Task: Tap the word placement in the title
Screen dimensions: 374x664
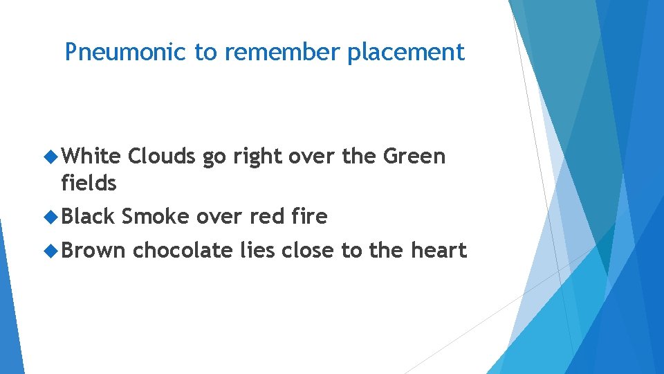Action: click(406, 53)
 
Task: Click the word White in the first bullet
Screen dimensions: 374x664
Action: click(91, 157)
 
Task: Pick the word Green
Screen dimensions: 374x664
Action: click(414, 157)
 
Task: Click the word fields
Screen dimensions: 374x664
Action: click(89, 184)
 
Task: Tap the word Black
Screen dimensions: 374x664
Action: click(88, 217)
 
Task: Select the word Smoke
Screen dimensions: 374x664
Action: click(155, 217)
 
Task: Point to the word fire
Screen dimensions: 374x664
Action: click(310, 217)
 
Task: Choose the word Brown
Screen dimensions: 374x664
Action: click(93, 250)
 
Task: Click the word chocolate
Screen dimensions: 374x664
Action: click(183, 250)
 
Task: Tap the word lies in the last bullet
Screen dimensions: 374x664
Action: click(257, 250)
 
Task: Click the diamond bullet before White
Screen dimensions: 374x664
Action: click(50, 157)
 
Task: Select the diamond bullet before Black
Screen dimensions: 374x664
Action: click(50, 217)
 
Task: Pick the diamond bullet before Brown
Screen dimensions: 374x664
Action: click(50, 251)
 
